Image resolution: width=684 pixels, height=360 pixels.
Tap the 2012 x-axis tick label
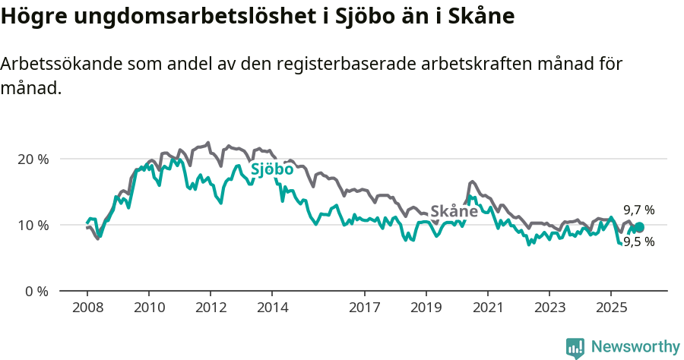click(x=211, y=308)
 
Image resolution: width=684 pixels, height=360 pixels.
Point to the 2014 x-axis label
click(x=272, y=308)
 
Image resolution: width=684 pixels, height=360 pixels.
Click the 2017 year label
click(x=364, y=308)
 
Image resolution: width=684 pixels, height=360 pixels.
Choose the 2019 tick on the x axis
click(x=426, y=308)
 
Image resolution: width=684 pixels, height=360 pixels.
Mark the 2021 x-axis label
click(x=487, y=308)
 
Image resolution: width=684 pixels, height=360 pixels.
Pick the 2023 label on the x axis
click(x=549, y=308)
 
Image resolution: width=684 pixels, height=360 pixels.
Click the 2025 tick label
click(x=611, y=308)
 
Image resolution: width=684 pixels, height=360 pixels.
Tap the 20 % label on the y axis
click(x=33, y=159)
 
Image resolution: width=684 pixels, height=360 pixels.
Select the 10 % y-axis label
click(x=33, y=226)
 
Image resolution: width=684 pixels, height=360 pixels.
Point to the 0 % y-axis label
click(x=36, y=292)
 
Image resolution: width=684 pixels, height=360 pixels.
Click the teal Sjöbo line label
click(x=272, y=169)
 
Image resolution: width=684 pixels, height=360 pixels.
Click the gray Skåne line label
click(x=454, y=211)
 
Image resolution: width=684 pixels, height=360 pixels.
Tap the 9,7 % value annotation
click(x=639, y=210)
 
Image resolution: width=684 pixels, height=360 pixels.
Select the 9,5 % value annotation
click(x=639, y=242)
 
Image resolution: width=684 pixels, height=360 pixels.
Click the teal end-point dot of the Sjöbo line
click(x=639, y=227)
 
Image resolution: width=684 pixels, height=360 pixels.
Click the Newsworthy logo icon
click(x=575, y=347)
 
